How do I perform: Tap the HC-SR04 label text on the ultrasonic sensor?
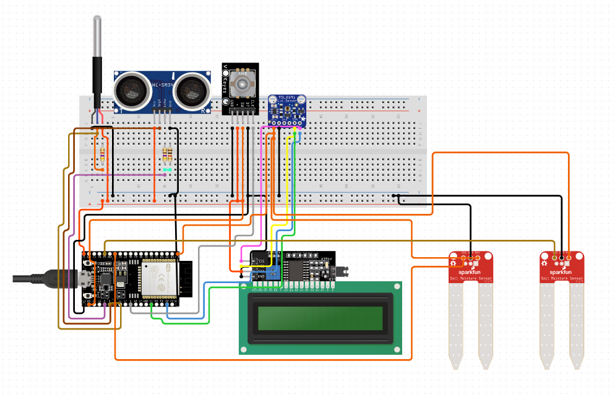162,86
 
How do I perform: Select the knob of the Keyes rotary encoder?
246,83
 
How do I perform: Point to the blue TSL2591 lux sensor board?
286,109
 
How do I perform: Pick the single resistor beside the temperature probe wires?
100,153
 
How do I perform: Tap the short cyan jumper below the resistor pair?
166,169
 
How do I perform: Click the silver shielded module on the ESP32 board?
160,279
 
